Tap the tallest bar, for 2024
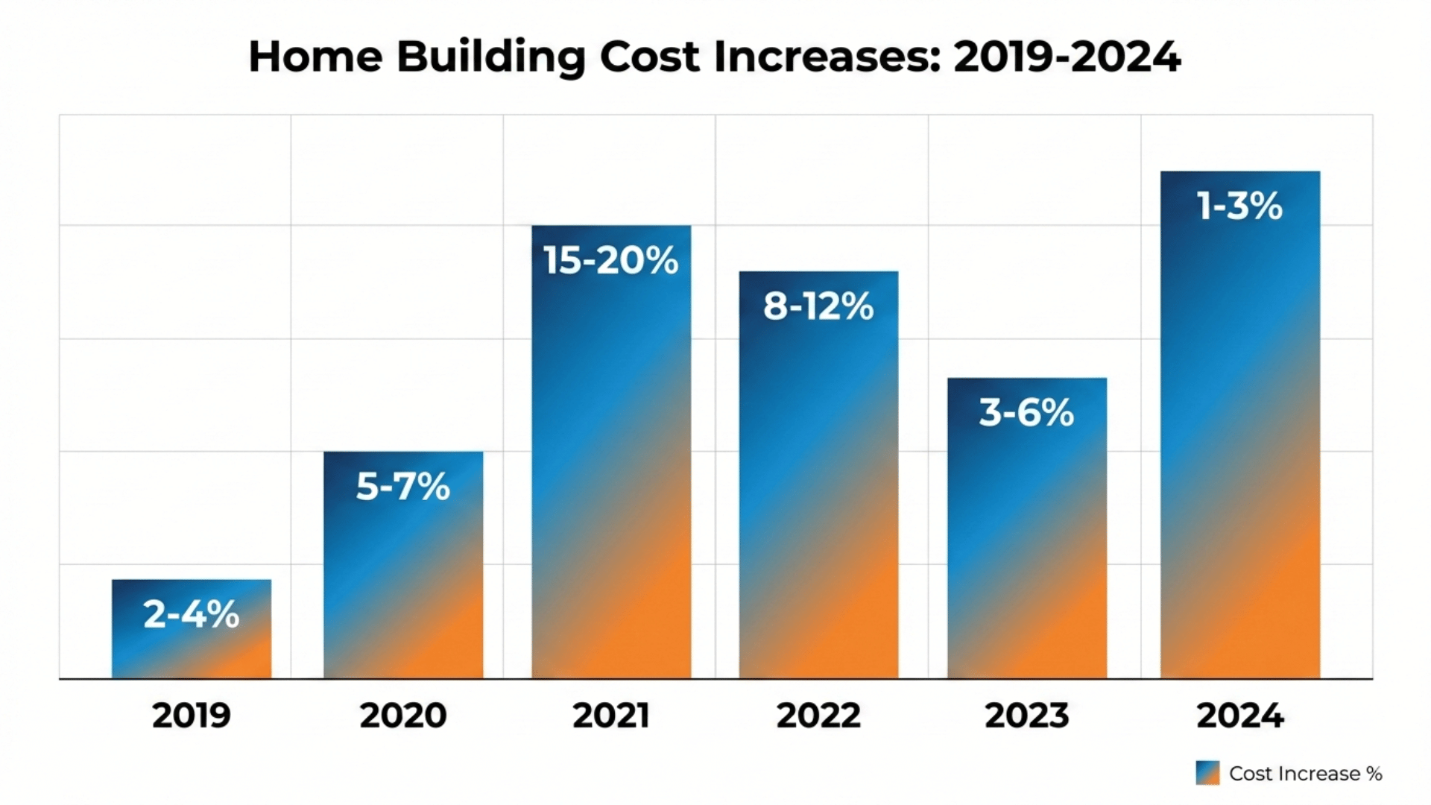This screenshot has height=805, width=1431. tap(1240, 447)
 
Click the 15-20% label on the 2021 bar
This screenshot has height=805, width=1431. tap(611, 261)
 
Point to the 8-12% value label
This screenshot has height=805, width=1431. tap(818, 306)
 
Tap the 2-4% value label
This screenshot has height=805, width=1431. tap(192, 614)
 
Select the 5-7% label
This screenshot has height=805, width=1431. tap(403, 486)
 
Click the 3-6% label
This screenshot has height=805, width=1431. tap(1026, 412)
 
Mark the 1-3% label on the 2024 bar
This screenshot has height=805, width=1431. tap(1239, 206)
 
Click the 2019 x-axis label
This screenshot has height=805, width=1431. tap(192, 716)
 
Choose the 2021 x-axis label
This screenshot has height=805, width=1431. tap(611, 716)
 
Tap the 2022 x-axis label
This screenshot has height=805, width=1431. tap(818, 716)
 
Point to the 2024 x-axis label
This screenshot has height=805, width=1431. tap(1240, 716)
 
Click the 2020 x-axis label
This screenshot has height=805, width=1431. tap(403, 716)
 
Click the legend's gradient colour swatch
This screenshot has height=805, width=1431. tap(1207, 773)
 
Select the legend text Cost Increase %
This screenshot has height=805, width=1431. tap(1306, 774)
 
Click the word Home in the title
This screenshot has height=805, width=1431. tap(315, 57)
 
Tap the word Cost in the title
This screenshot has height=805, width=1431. tap(650, 57)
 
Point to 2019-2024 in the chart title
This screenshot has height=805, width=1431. tap(1067, 57)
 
